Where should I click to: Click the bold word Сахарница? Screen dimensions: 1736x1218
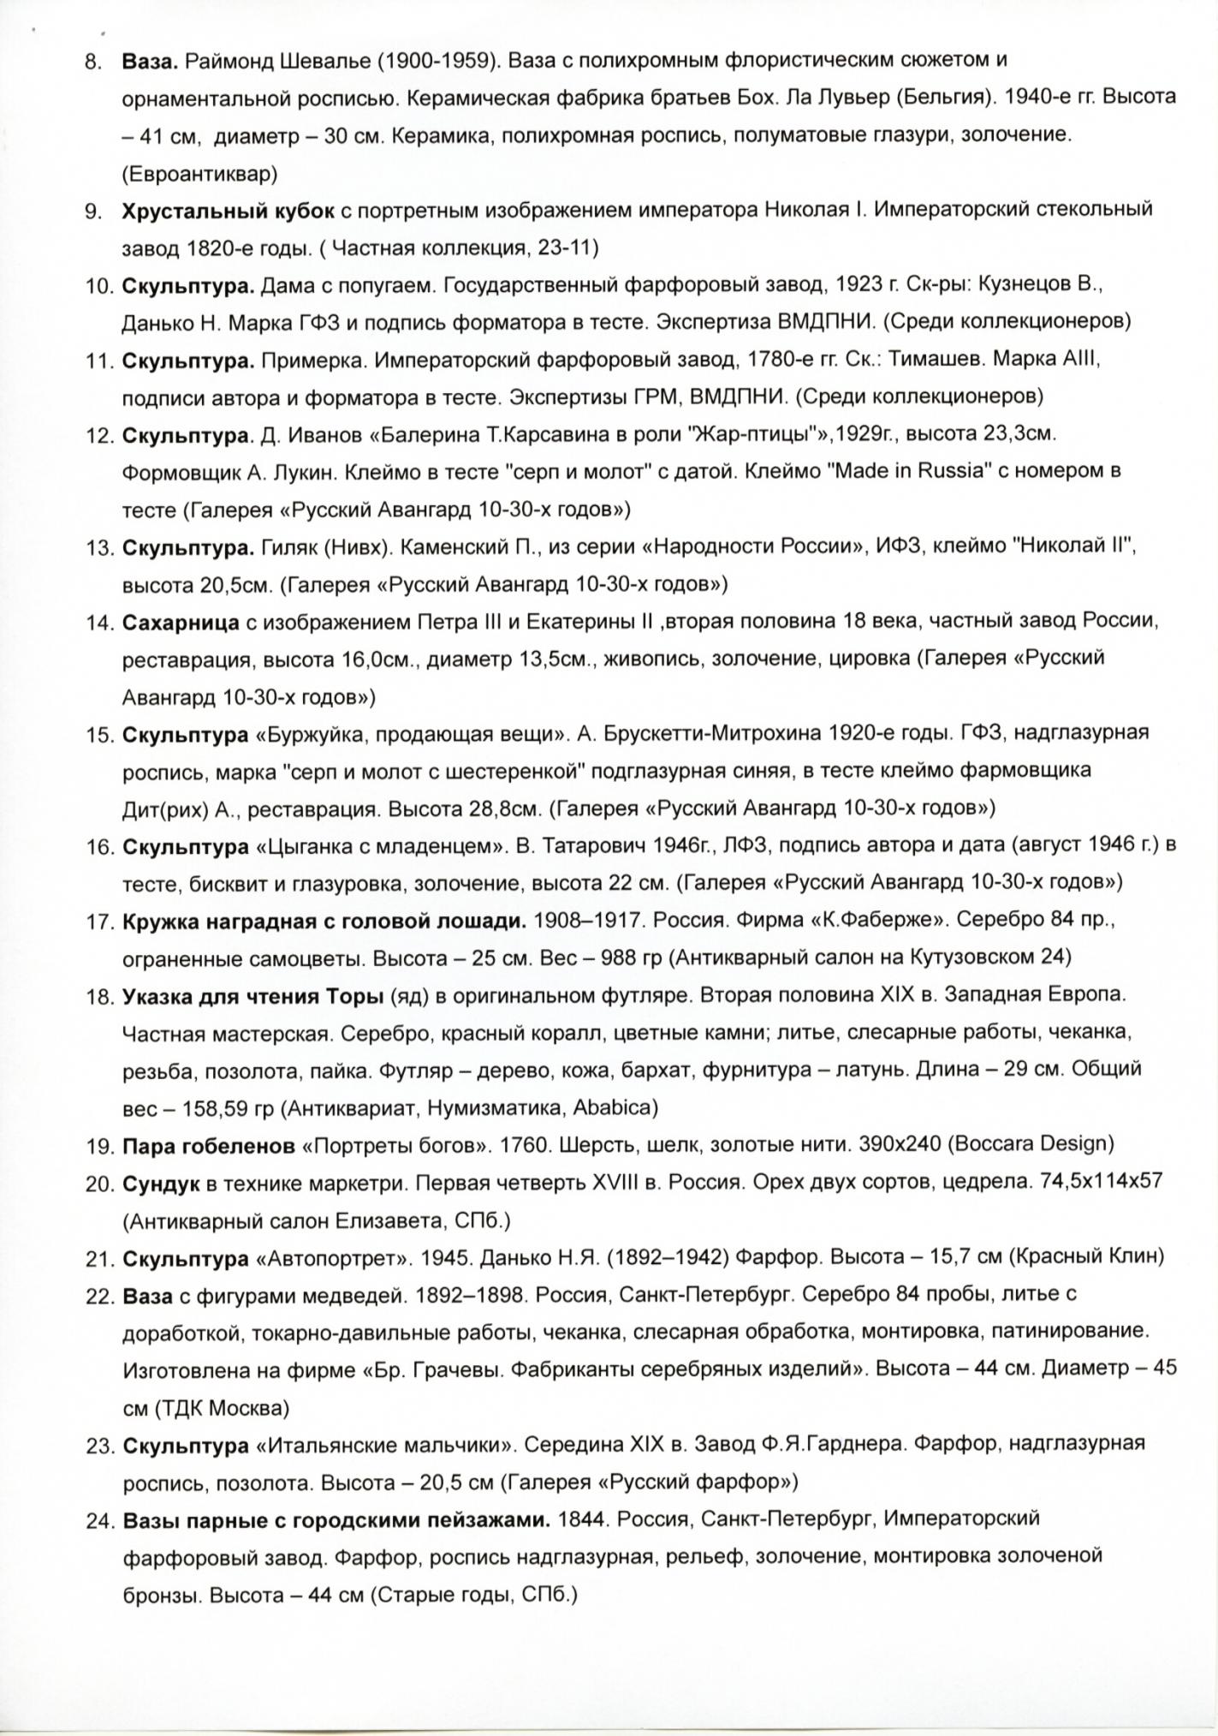click(x=181, y=622)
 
